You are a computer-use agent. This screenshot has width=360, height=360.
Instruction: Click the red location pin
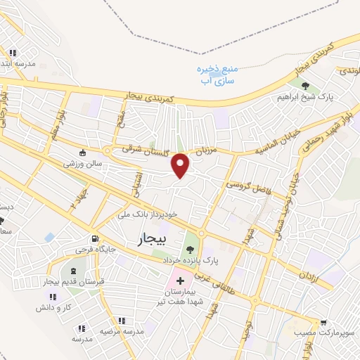tap(181, 165)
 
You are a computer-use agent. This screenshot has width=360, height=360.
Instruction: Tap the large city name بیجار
tap(148, 240)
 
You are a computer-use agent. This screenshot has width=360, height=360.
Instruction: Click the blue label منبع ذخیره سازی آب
tap(218, 75)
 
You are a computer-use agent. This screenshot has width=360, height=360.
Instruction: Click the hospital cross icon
tap(180, 281)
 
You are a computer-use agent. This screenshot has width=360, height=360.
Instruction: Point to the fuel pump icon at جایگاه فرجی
tap(94, 239)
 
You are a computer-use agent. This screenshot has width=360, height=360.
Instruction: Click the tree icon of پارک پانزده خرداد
tap(188, 249)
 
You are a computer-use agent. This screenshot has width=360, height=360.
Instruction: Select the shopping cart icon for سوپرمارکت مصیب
tap(323, 323)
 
